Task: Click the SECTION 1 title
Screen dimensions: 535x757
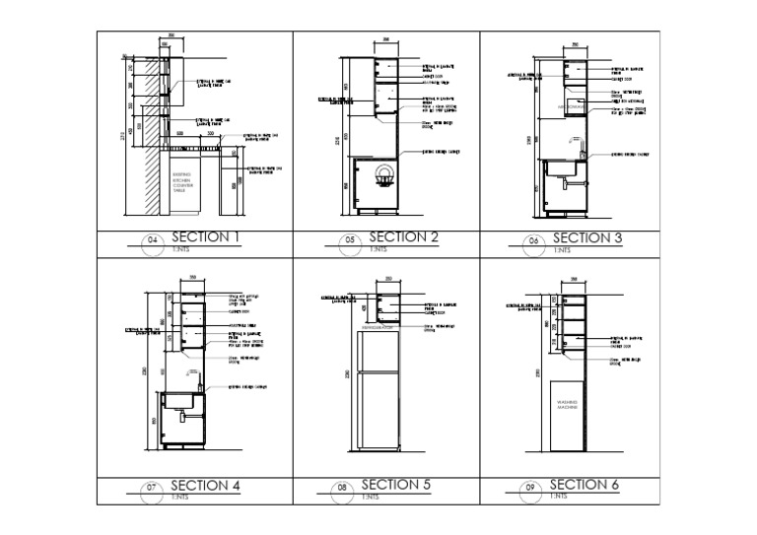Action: tap(206, 236)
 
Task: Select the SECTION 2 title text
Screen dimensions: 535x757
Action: tap(403, 237)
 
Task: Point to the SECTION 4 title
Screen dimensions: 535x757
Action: tap(205, 485)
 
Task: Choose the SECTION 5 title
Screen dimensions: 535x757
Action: tap(396, 484)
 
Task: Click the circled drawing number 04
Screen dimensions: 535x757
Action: tap(152, 240)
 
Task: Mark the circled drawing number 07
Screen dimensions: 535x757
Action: tap(152, 488)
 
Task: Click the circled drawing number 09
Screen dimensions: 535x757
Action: tap(529, 488)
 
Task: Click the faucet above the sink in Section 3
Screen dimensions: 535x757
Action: tap(583, 151)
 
